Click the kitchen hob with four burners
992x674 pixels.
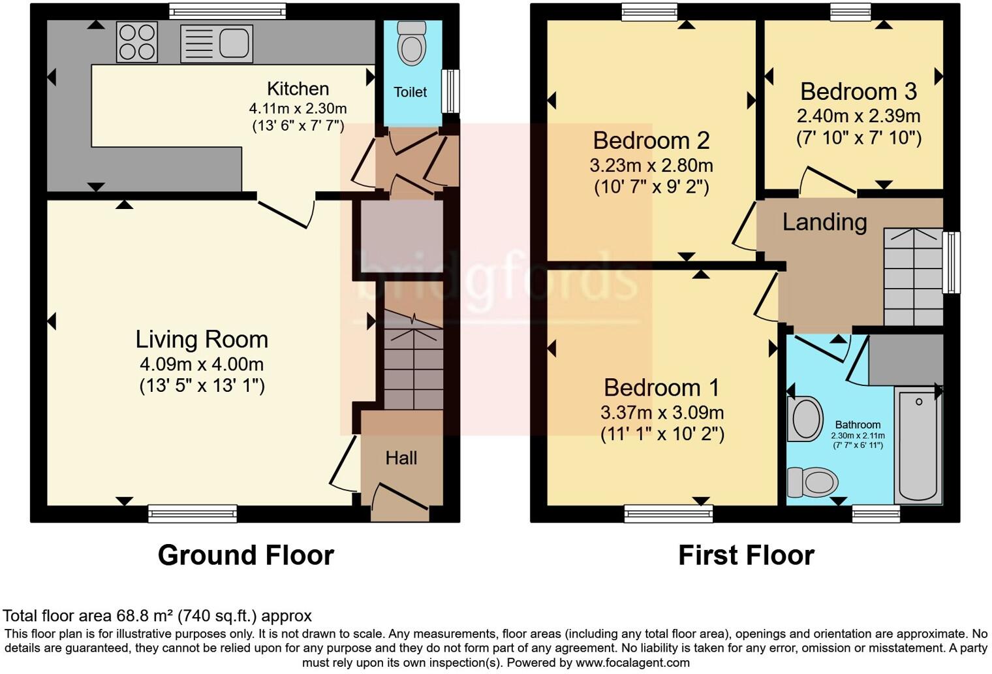point(137,42)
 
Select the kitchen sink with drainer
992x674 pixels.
point(216,44)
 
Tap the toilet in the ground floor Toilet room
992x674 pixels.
point(412,43)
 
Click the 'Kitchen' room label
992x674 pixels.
point(298,89)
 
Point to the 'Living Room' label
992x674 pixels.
point(202,340)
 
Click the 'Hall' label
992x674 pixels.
point(401,458)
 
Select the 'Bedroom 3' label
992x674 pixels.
point(858,92)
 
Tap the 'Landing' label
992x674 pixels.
point(824,222)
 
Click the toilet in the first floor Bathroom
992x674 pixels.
point(813,483)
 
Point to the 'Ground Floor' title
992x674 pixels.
point(245,555)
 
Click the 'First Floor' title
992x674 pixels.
point(746,555)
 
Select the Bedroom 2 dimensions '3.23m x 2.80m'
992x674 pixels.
point(651,165)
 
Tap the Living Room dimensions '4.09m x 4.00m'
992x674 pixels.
point(202,364)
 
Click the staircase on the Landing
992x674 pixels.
point(913,277)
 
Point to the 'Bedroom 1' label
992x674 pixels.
point(661,388)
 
